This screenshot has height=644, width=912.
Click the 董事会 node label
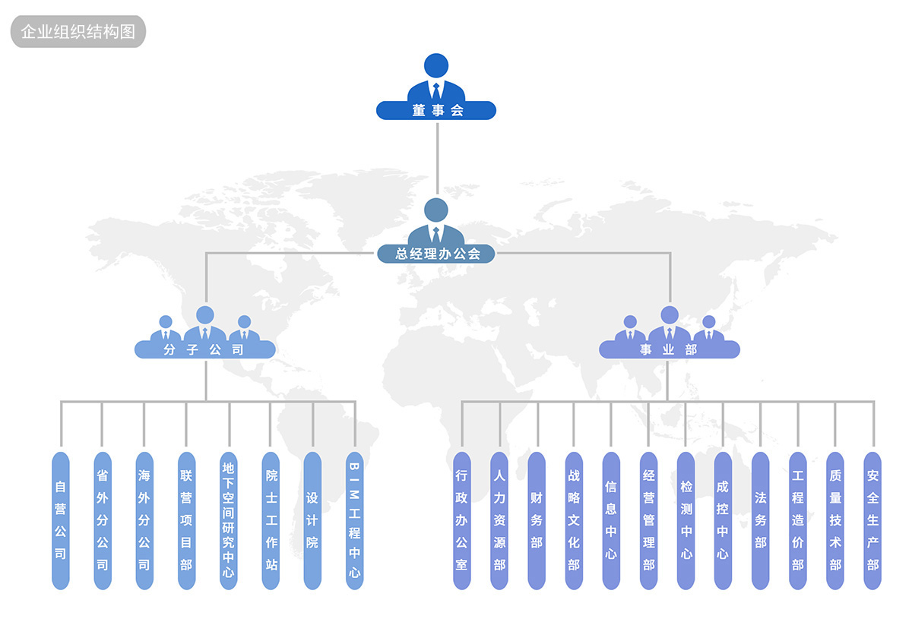[x=436, y=111]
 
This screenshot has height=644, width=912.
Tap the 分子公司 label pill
[x=204, y=350]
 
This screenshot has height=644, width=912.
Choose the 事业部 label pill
[x=669, y=350]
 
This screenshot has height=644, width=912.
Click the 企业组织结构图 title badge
[x=78, y=32]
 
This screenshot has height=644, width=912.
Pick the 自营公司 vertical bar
[x=61, y=520]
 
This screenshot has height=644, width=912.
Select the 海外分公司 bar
[x=144, y=520]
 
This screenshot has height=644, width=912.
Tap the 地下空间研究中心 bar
[x=229, y=520]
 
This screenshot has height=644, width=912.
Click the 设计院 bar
[x=312, y=520]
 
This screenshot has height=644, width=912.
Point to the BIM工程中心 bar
[x=354, y=520]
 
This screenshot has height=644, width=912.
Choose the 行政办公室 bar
[x=461, y=520]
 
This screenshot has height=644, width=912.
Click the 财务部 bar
[x=537, y=520]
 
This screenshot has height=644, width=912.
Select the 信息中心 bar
[x=611, y=520]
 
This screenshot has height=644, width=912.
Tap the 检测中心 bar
[x=686, y=520]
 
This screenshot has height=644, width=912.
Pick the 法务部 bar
[x=760, y=520]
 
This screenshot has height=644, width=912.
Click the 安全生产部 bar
[x=872, y=520]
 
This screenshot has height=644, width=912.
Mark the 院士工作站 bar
[x=271, y=520]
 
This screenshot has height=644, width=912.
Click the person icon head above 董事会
[x=436, y=65]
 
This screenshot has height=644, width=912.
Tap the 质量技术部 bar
[x=835, y=520]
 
